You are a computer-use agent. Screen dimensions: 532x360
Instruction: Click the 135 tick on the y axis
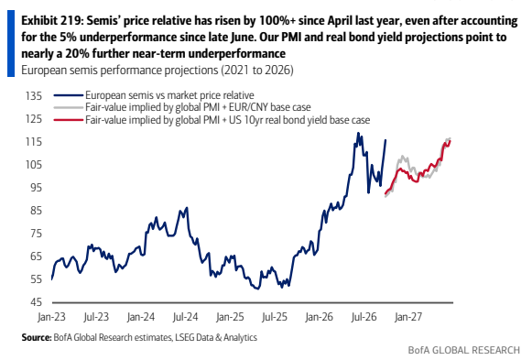pos(34,96)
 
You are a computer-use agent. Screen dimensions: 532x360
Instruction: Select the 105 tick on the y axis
pos(34,165)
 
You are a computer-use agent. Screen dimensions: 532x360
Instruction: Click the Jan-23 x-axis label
pos(51,317)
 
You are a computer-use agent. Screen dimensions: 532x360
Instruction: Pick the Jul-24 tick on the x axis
pos(185,317)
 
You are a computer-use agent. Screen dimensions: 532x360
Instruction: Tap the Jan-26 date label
pos(319,317)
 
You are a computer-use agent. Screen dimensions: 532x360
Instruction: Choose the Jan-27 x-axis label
pos(408,317)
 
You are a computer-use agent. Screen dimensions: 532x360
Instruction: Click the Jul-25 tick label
pos(275,317)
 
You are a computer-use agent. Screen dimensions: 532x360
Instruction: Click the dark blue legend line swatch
pos(68,95)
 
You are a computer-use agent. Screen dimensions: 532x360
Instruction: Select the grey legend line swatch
pos(68,107)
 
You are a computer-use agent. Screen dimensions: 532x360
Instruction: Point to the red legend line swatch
pos(68,120)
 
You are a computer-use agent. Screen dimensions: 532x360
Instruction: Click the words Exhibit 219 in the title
pos(52,21)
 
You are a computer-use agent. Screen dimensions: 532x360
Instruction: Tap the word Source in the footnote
pos(36,337)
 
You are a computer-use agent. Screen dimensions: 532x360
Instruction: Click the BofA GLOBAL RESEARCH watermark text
pos(464,350)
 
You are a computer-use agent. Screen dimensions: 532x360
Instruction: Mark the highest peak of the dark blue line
pos(358,133)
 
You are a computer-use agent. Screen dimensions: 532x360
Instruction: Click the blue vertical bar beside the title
pos(11,43)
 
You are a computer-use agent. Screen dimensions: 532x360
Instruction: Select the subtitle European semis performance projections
pos(120,71)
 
